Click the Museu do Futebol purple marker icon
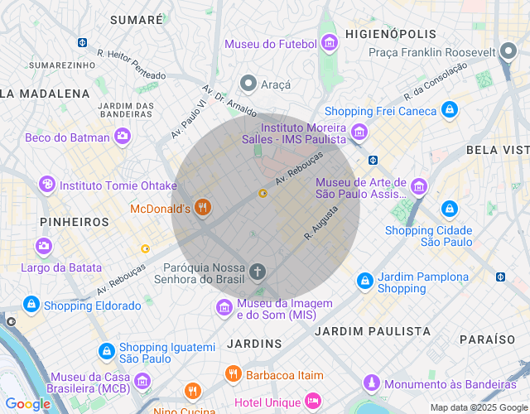click(330, 43)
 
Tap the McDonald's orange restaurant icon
click(202, 208)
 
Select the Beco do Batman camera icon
click(123, 137)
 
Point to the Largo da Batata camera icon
click(43, 246)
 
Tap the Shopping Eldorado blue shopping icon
click(31, 305)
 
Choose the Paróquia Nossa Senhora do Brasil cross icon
click(258, 271)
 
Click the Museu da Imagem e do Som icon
click(224, 308)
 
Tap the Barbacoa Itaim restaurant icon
click(233, 374)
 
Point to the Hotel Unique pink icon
click(312, 401)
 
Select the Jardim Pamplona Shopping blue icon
click(364, 282)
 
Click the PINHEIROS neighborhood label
click(74, 222)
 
